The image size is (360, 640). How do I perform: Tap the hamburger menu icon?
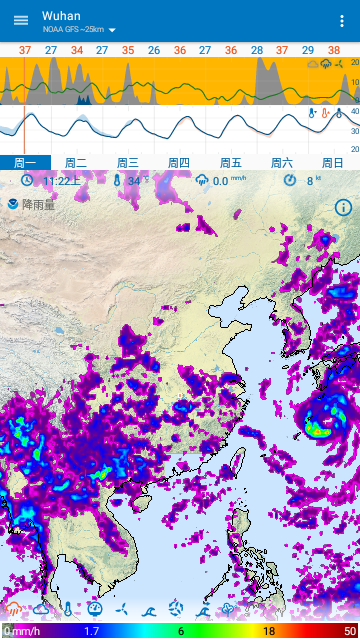tap(21, 20)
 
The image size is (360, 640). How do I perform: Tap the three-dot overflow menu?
tap(343, 21)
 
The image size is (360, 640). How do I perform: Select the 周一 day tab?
tap(25, 163)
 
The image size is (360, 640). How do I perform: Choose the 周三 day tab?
tap(127, 163)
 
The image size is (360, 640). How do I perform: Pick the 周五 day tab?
tap(230, 163)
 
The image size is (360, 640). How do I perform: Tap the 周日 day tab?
tap(332, 163)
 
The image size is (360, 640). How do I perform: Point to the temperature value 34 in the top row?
tap(77, 49)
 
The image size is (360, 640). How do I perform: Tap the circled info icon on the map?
tap(343, 207)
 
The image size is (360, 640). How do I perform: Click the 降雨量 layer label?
tap(40, 204)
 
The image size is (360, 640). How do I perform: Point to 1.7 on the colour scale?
tap(91, 632)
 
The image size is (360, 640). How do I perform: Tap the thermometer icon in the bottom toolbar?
tap(68, 608)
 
